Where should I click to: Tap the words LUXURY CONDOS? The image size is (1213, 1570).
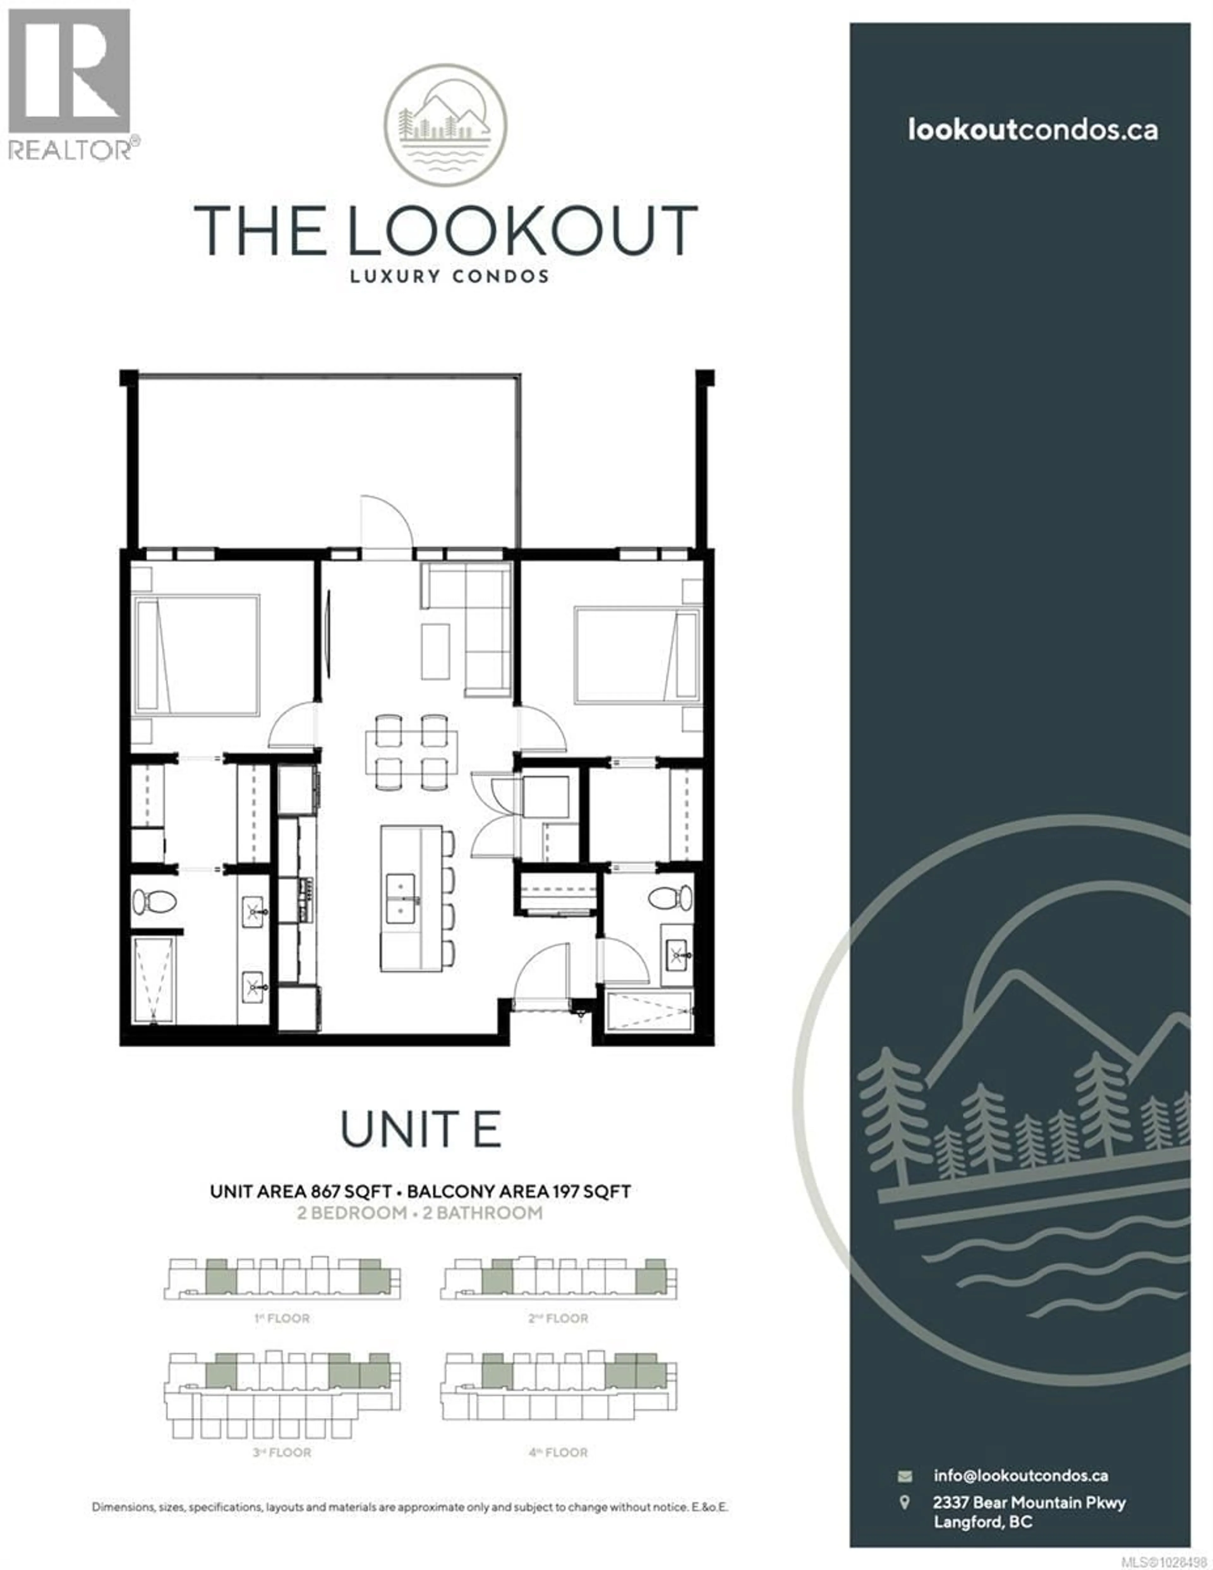point(450,276)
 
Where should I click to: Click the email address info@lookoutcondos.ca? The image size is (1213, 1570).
point(1020,1475)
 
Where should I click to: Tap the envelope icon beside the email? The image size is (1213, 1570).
point(904,1476)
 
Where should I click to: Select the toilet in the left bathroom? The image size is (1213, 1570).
point(154,901)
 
